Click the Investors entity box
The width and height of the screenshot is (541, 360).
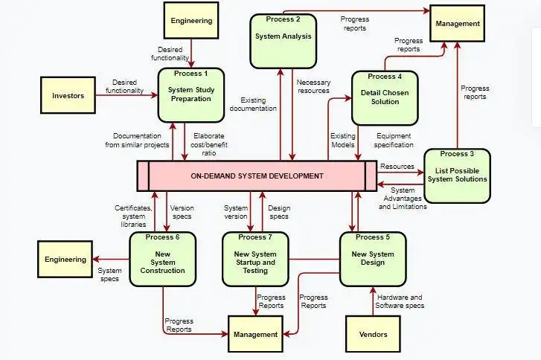(x=68, y=96)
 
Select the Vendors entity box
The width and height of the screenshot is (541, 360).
(x=373, y=334)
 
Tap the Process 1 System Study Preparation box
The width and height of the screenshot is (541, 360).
(x=191, y=94)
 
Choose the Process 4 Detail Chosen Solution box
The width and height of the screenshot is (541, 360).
(x=385, y=96)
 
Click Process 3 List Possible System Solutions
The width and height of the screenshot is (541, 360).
(x=457, y=176)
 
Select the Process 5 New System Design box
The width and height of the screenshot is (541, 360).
(x=373, y=258)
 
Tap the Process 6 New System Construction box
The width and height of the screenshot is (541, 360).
(x=162, y=259)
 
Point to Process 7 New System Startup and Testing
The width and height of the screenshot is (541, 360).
(x=255, y=258)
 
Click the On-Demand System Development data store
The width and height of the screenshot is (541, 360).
(x=257, y=176)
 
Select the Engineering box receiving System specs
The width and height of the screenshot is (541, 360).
(x=65, y=260)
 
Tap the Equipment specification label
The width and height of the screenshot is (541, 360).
(x=394, y=141)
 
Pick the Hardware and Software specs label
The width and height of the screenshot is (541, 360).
(x=400, y=301)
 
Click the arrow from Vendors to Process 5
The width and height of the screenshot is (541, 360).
(x=373, y=300)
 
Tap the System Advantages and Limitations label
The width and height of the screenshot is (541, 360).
(x=403, y=199)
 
